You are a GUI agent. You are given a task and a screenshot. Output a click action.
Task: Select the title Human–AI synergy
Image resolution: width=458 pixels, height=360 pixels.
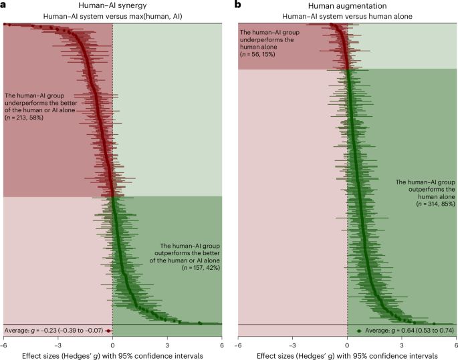112,5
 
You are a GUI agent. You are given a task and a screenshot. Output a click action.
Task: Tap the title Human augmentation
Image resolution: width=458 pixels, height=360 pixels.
347,5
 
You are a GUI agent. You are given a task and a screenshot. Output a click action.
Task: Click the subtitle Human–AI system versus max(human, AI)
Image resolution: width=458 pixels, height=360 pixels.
112,15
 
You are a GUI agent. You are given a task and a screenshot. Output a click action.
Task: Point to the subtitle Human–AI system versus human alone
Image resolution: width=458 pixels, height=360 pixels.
347,15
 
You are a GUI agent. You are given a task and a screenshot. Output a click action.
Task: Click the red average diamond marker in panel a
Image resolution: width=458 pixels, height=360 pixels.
108,331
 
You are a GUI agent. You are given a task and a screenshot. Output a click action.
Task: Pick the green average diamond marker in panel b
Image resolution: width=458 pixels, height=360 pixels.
359,331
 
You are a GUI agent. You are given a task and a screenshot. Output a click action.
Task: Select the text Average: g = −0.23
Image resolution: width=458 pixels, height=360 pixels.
53,331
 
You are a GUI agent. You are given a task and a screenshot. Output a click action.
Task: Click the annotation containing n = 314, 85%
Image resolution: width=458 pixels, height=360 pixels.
425,192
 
